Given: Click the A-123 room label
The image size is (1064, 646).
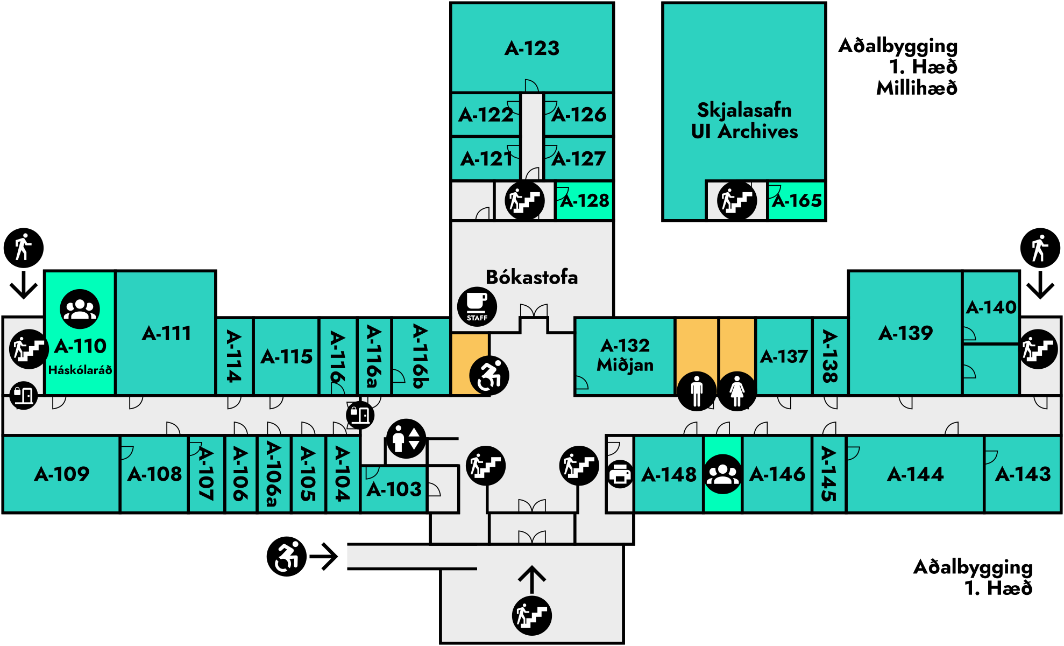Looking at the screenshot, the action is (532, 48).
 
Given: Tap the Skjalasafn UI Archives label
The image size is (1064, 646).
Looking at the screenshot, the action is (744, 121).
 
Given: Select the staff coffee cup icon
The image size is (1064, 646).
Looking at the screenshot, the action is (477, 307).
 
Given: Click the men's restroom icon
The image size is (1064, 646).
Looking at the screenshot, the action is (697, 391).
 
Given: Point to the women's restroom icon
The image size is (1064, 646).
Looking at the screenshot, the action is (737, 391).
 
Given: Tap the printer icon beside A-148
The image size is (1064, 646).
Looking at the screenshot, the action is (620, 475).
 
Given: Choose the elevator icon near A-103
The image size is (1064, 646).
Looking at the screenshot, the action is (406, 439).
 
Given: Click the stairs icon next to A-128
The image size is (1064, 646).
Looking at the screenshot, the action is (524, 201).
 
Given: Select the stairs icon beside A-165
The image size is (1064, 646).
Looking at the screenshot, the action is (737, 201).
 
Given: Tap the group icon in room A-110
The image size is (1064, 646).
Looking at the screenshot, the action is (80, 309).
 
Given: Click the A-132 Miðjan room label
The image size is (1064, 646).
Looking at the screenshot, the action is (625, 355).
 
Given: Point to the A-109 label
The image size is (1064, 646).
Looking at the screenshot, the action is (62, 474).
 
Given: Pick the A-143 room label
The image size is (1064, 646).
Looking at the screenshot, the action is (1023, 474).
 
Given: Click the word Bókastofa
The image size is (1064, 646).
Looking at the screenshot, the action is (532, 277).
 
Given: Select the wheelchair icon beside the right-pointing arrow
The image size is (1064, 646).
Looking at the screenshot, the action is (287, 557).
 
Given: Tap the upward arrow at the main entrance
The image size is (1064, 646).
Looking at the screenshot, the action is (532, 580).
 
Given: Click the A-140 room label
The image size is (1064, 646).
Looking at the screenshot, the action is (991, 307).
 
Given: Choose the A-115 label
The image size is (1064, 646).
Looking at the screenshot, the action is (287, 357).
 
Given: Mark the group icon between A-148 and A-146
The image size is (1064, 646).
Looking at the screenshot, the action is (722, 474).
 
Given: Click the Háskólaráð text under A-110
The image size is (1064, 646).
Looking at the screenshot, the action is (80, 370).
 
